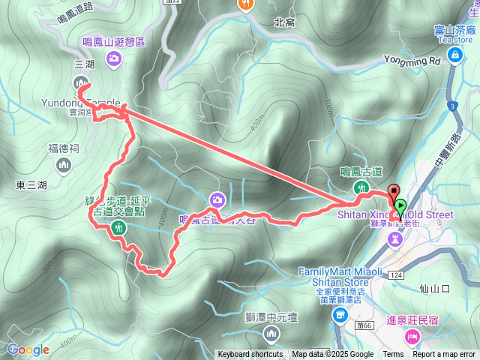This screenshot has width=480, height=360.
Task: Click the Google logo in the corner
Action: (x=28, y=349)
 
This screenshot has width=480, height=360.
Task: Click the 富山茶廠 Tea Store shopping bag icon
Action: (x=455, y=55)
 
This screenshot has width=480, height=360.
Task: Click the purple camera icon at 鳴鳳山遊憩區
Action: (x=114, y=62)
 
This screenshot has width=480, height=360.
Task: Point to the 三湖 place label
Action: (x=85, y=64)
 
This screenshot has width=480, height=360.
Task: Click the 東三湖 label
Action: (x=31, y=184)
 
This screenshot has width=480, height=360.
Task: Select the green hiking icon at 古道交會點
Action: (x=117, y=227)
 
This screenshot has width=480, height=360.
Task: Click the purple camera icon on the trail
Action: (x=217, y=199)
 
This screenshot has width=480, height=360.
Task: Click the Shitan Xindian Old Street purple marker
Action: (x=395, y=238)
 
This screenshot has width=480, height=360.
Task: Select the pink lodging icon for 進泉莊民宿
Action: (x=412, y=336)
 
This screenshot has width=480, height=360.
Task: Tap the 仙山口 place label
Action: (x=434, y=288)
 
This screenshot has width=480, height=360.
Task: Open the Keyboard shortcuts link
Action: (x=250, y=355)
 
